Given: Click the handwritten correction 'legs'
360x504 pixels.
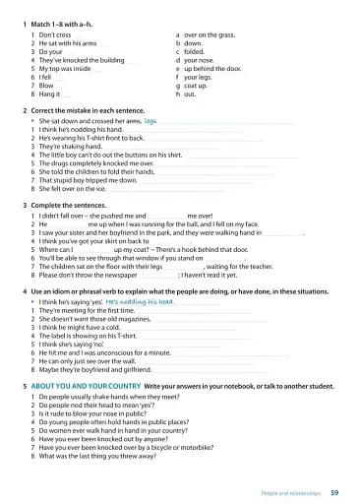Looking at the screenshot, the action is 150,121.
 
